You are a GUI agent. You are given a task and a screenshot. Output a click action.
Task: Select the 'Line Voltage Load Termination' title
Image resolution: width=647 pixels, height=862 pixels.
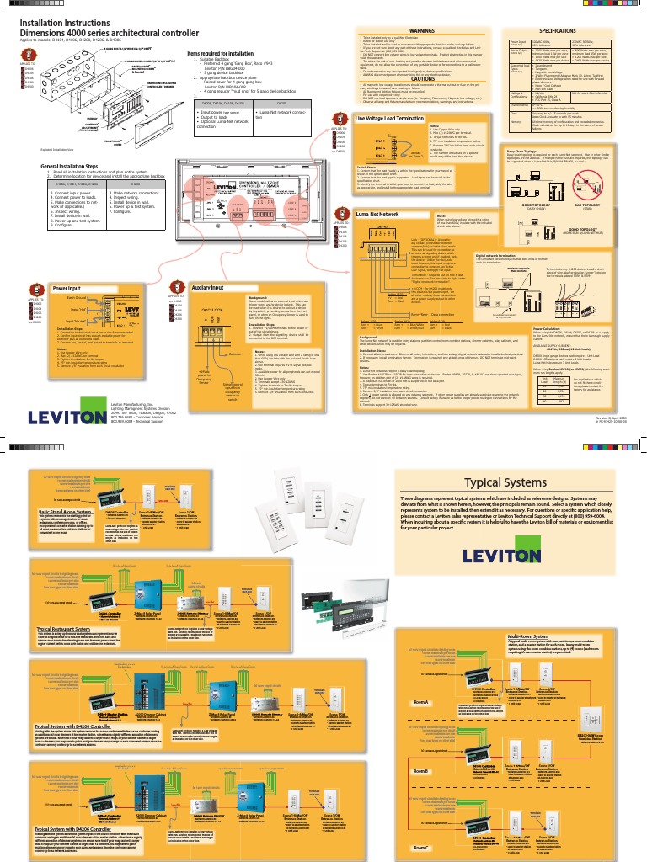[x=388, y=120]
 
